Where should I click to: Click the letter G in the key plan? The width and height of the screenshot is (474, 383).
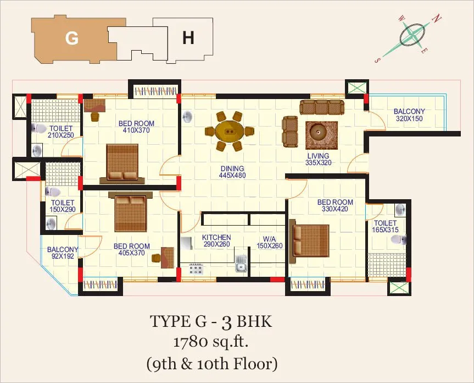tap(72, 38)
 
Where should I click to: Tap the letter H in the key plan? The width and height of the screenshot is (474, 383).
tap(188, 38)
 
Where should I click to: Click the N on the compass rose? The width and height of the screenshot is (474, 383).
tap(437, 19)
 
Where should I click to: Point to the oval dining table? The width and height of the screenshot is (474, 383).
tap(230, 131)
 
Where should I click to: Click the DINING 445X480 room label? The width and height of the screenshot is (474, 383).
tap(232, 172)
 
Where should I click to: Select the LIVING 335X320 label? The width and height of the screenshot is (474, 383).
tap(318, 159)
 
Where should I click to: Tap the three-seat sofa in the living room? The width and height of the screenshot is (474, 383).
tap(322, 107)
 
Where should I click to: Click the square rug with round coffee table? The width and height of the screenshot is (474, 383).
tap(321, 135)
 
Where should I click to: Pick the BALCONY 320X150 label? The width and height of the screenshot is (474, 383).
tap(409, 115)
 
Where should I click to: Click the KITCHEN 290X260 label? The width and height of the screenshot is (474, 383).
tap(216, 240)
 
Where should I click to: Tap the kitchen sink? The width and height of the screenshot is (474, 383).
tap(241, 264)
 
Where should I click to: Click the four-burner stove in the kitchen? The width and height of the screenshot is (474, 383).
tap(196, 269)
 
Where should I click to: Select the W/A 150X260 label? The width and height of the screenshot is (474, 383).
tap(270, 242)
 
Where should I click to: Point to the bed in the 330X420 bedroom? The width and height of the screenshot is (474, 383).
tap(309, 241)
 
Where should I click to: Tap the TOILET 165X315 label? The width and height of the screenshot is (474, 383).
tap(385, 227)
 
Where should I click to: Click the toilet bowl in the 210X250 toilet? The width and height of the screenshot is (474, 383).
tap(38, 128)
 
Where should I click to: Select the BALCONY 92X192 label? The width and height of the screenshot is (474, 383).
tap(63, 253)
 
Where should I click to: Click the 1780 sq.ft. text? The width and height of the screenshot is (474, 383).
tap(211, 342)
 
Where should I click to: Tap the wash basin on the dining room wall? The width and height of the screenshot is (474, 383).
tap(187, 117)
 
